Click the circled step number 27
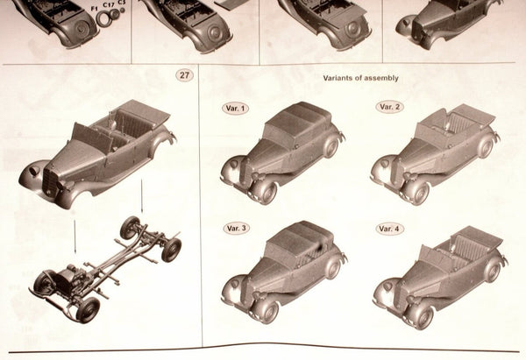(184, 75)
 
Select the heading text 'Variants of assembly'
(360, 78)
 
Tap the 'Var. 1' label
(235, 109)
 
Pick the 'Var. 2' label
(389, 107)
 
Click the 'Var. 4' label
(390, 229)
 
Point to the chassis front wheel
(88, 308)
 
